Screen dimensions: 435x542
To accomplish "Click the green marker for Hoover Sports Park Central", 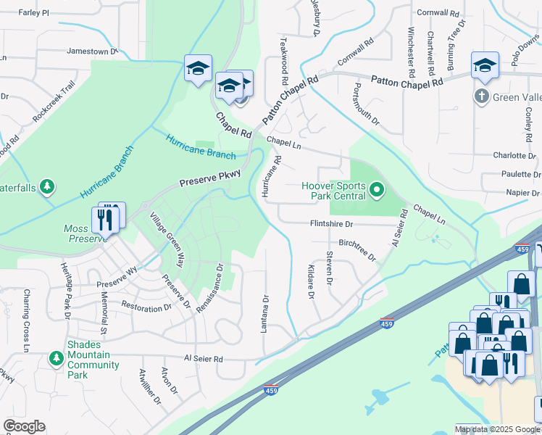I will [377, 191].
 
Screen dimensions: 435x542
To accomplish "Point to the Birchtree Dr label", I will [357, 249].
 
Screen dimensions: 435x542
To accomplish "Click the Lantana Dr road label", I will [265, 313].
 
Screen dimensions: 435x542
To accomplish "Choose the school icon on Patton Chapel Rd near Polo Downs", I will [485, 66].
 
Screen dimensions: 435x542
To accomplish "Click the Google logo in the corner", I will [25, 426].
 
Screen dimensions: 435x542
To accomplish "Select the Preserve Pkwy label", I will [204, 179].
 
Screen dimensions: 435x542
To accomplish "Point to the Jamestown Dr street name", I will [92, 51].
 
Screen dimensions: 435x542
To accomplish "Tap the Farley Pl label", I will [33, 13].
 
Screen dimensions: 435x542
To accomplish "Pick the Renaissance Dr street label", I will [208, 288].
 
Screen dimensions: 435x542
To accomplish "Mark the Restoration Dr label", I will [146, 307].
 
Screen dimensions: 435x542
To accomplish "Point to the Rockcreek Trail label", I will [54, 101].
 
